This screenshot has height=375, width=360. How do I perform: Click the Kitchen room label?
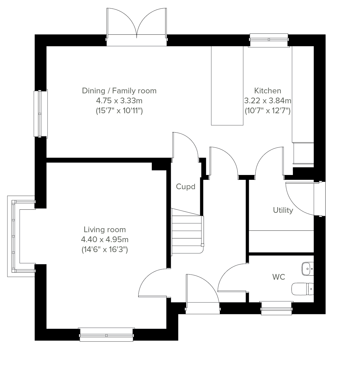[268, 90]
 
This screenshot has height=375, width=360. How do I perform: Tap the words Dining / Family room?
[119, 91]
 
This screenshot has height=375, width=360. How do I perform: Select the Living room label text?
[105, 230]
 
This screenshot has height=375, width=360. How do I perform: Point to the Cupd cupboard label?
[185, 187]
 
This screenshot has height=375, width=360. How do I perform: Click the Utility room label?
[283, 210]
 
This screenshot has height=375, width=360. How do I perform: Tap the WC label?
[279, 277]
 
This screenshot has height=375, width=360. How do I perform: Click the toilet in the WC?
[303, 289]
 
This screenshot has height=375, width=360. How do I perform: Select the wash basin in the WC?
[308, 269]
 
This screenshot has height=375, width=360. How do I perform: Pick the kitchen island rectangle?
[227, 86]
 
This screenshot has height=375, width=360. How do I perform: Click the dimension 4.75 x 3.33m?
[119, 101]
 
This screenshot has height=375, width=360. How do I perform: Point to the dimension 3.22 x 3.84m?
[268, 101]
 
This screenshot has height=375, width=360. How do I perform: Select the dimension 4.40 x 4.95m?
[105, 240]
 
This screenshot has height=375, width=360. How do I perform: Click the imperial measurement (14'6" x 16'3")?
[105, 250]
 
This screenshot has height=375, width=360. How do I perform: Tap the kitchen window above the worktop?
[269, 40]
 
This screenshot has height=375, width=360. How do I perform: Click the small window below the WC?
[276, 308]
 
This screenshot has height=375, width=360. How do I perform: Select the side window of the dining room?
[41, 114]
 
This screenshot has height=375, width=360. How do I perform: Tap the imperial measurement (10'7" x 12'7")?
[268, 111]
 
